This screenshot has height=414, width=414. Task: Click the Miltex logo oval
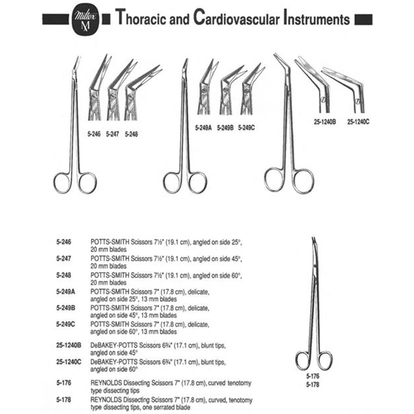(x=85, y=19)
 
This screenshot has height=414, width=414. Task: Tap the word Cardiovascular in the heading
(x=236, y=18)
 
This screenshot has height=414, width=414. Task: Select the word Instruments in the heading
(x=317, y=18)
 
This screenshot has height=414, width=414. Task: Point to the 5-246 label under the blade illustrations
(x=94, y=134)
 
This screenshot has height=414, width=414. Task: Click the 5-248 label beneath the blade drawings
(x=131, y=134)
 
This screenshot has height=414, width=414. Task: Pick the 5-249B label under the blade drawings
(x=225, y=128)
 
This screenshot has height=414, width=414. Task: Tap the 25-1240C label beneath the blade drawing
(x=358, y=122)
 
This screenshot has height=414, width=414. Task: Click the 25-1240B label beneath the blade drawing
(x=325, y=122)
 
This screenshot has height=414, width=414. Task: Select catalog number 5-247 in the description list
(x=64, y=258)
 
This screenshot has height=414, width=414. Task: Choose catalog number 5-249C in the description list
(x=65, y=324)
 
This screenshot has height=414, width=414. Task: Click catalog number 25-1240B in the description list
(x=69, y=345)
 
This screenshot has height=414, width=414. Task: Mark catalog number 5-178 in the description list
(x=64, y=400)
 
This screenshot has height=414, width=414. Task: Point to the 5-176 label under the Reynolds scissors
(x=313, y=376)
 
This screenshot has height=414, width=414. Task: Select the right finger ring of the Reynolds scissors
(x=331, y=361)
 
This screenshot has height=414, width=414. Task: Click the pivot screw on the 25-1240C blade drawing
(x=358, y=101)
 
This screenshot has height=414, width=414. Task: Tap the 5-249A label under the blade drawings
(x=203, y=128)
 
